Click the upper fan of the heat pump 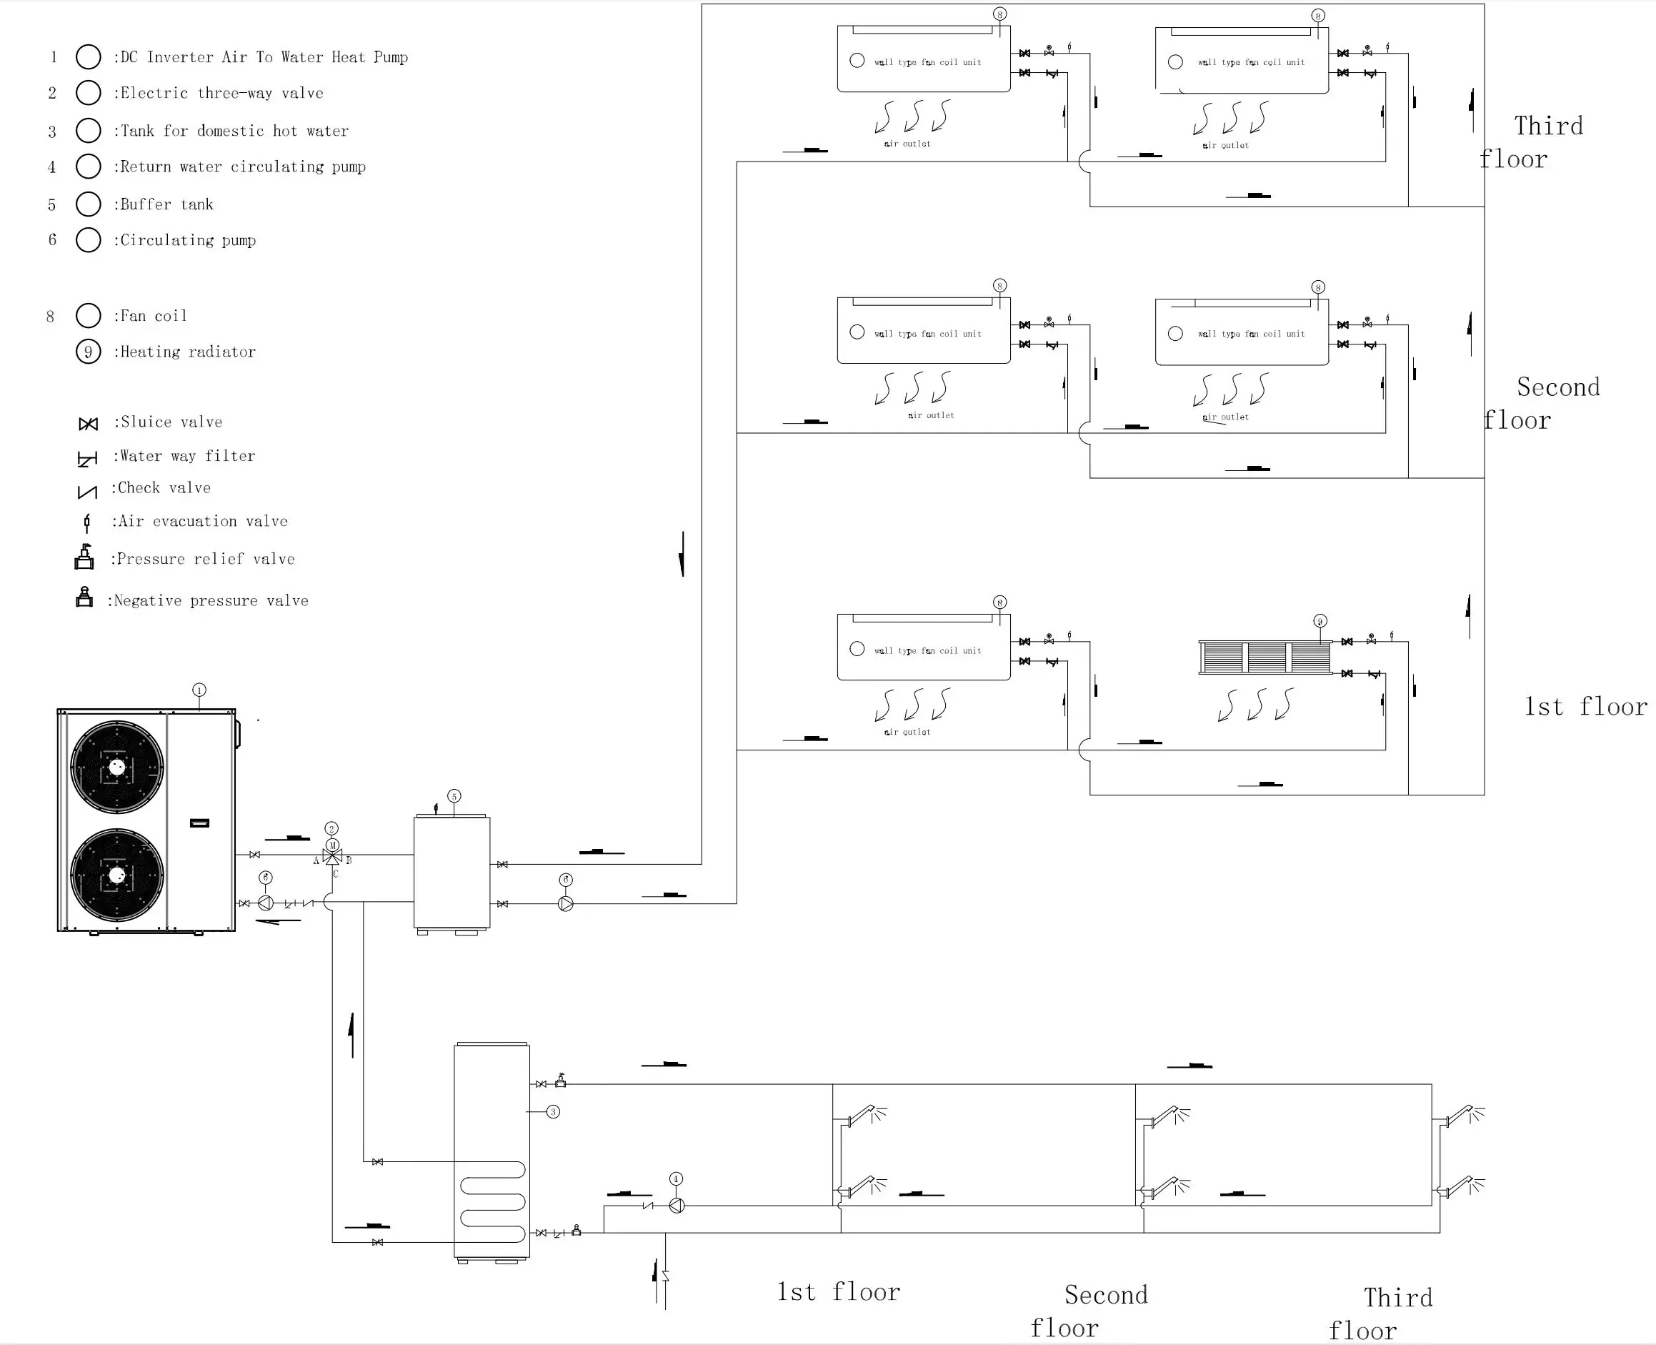point(117,767)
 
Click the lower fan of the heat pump point(117,875)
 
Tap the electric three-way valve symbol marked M point(332,855)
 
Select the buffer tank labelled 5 point(452,872)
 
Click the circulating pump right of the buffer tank point(565,903)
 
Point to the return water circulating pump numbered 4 point(676,1206)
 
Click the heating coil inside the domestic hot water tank point(493,1201)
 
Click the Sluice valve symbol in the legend point(89,424)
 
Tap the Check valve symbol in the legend point(88,492)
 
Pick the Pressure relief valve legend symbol point(84,557)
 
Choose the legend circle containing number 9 point(89,352)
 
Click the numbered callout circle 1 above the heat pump point(199,690)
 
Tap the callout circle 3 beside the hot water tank point(553,1112)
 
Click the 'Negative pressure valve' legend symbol point(84,597)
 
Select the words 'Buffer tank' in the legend point(166,204)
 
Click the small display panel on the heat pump point(200,823)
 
